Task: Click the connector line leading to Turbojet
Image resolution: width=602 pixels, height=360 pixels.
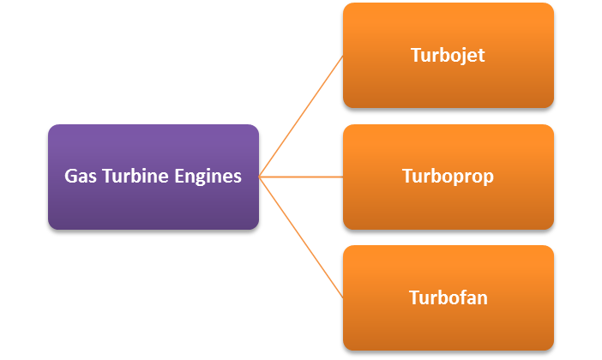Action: pos(301,117)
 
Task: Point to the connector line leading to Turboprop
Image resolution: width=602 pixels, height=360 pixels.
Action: pos(301,177)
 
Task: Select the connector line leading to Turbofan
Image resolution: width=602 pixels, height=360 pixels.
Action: pos(301,237)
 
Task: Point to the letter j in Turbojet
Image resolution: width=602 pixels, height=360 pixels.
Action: pos(463,57)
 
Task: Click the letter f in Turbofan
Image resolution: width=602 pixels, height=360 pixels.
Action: pos(460,297)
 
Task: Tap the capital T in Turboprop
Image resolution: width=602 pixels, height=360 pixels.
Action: pos(407,177)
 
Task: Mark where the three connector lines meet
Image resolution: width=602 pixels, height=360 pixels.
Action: pos(259,177)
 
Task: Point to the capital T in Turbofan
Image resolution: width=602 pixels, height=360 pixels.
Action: pos(414,297)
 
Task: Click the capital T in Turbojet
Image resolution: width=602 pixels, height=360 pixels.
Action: pos(416,56)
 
